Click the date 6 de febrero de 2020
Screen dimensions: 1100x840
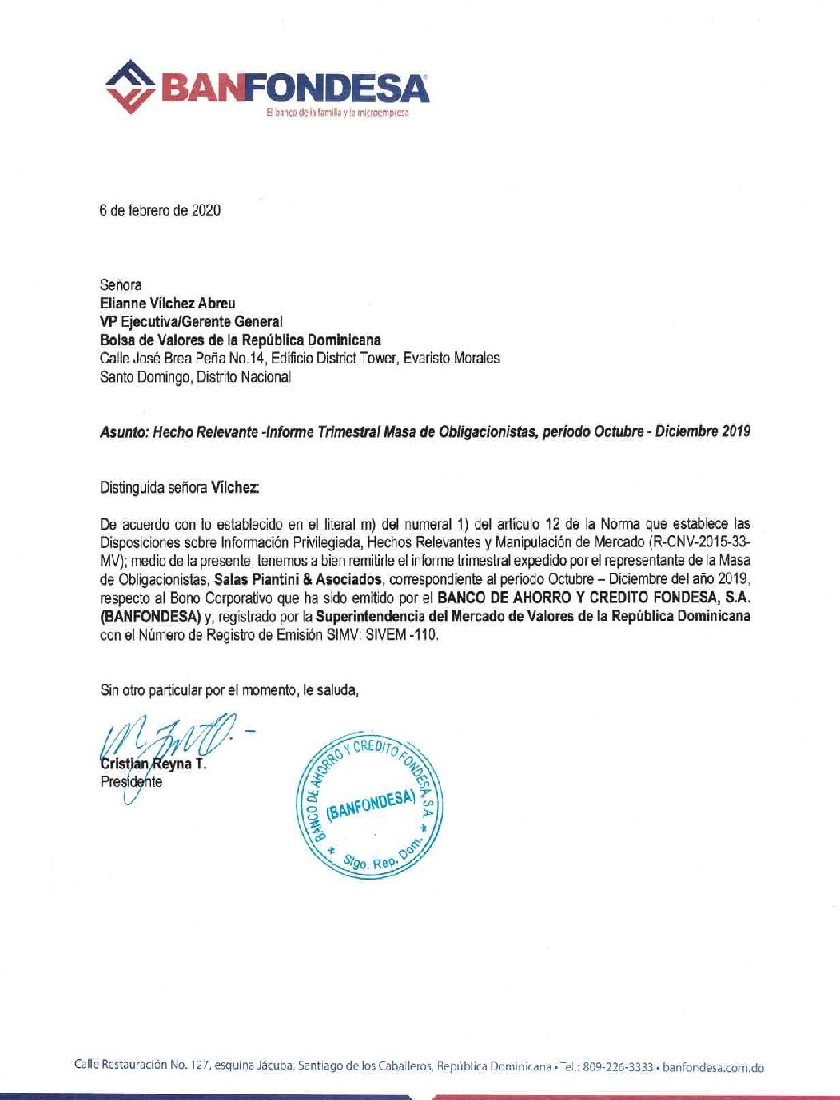pos(160,211)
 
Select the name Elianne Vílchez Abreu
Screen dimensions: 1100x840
pos(168,303)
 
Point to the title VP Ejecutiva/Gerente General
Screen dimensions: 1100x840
pos(191,321)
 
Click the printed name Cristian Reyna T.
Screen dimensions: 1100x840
pos(153,764)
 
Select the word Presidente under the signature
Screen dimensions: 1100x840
pos(131,782)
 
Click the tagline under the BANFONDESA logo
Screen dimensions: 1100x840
pos(337,113)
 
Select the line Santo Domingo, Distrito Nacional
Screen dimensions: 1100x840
pos(196,377)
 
